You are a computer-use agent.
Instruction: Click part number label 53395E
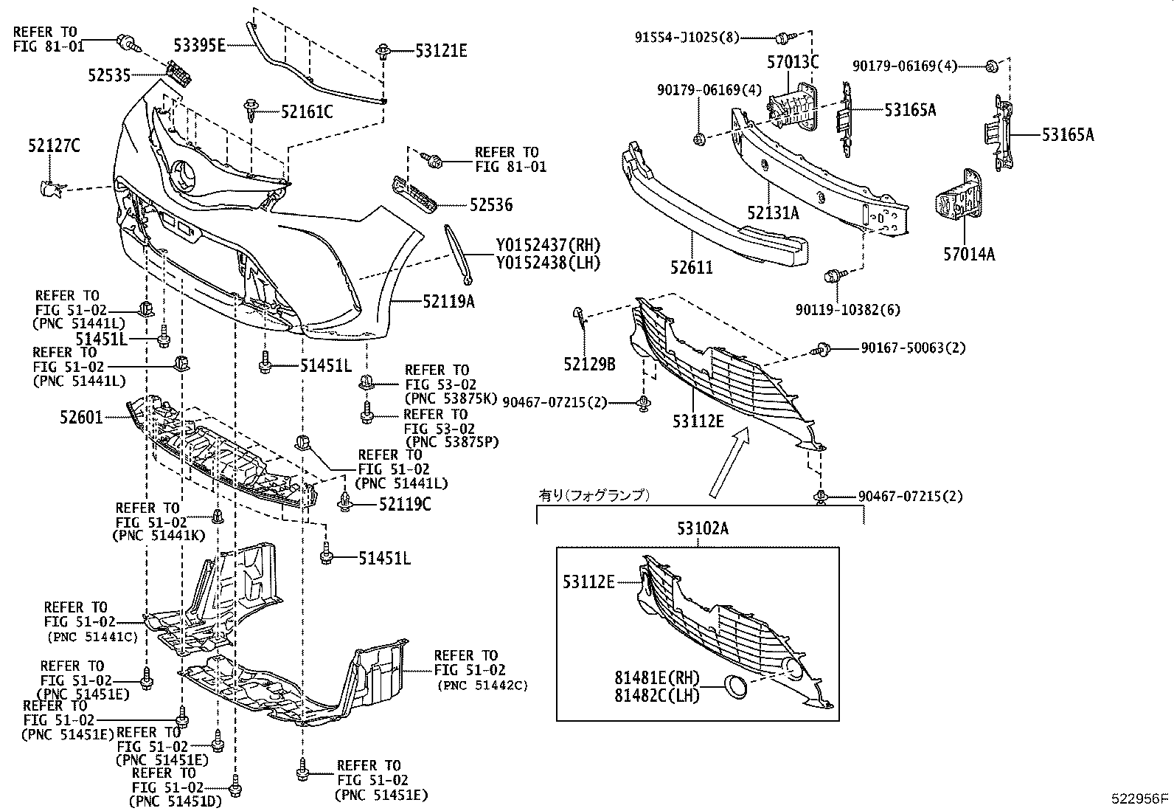(198, 45)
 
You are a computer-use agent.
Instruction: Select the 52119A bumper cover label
(448, 300)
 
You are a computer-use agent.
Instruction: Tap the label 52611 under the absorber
(691, 267)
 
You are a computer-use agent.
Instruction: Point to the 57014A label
(968, 254)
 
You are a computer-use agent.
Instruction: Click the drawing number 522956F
(1141, 798)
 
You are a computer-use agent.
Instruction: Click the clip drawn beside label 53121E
(383, 52)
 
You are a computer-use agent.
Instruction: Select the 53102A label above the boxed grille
(702, 528)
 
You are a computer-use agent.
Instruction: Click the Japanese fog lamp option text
(594, 495)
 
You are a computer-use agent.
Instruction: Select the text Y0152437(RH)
(547, 245)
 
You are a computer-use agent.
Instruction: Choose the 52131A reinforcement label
(772, 213)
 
